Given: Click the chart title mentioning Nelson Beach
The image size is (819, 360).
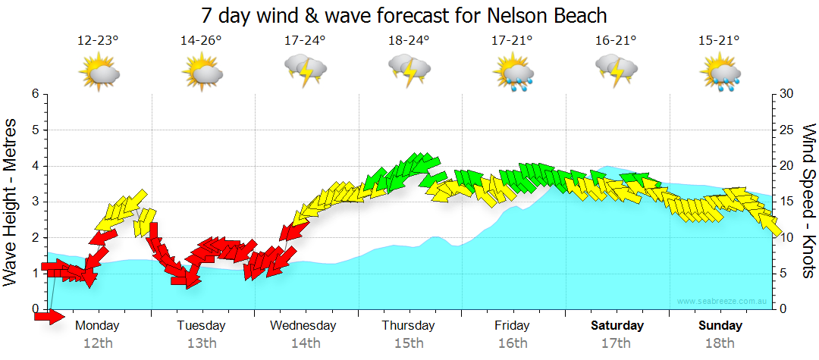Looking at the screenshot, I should coord(405,15).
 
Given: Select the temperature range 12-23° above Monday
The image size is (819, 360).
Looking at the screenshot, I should coord(98,41).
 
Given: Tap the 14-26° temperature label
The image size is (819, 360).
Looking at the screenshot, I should coord(201,41).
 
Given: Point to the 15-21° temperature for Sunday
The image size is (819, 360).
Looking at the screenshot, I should coord(719,41).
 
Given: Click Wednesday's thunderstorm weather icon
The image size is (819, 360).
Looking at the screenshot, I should coord(305,72).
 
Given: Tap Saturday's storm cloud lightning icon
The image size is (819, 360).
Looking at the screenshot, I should coord(616,72).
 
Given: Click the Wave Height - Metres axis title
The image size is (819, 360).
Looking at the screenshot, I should coord(11,201).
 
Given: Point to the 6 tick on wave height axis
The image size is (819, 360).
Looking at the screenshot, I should coord(34,94).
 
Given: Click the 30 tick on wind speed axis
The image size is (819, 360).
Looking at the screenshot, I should coord(786,94).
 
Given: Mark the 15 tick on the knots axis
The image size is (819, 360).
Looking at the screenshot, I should coord(786,202).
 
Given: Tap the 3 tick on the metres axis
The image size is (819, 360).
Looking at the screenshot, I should coord(34,202).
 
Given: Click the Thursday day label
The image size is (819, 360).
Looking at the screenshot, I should coord(408,326).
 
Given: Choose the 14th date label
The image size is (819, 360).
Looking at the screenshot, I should coord(305,343).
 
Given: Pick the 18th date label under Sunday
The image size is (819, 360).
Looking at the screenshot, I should coord(720,343).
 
